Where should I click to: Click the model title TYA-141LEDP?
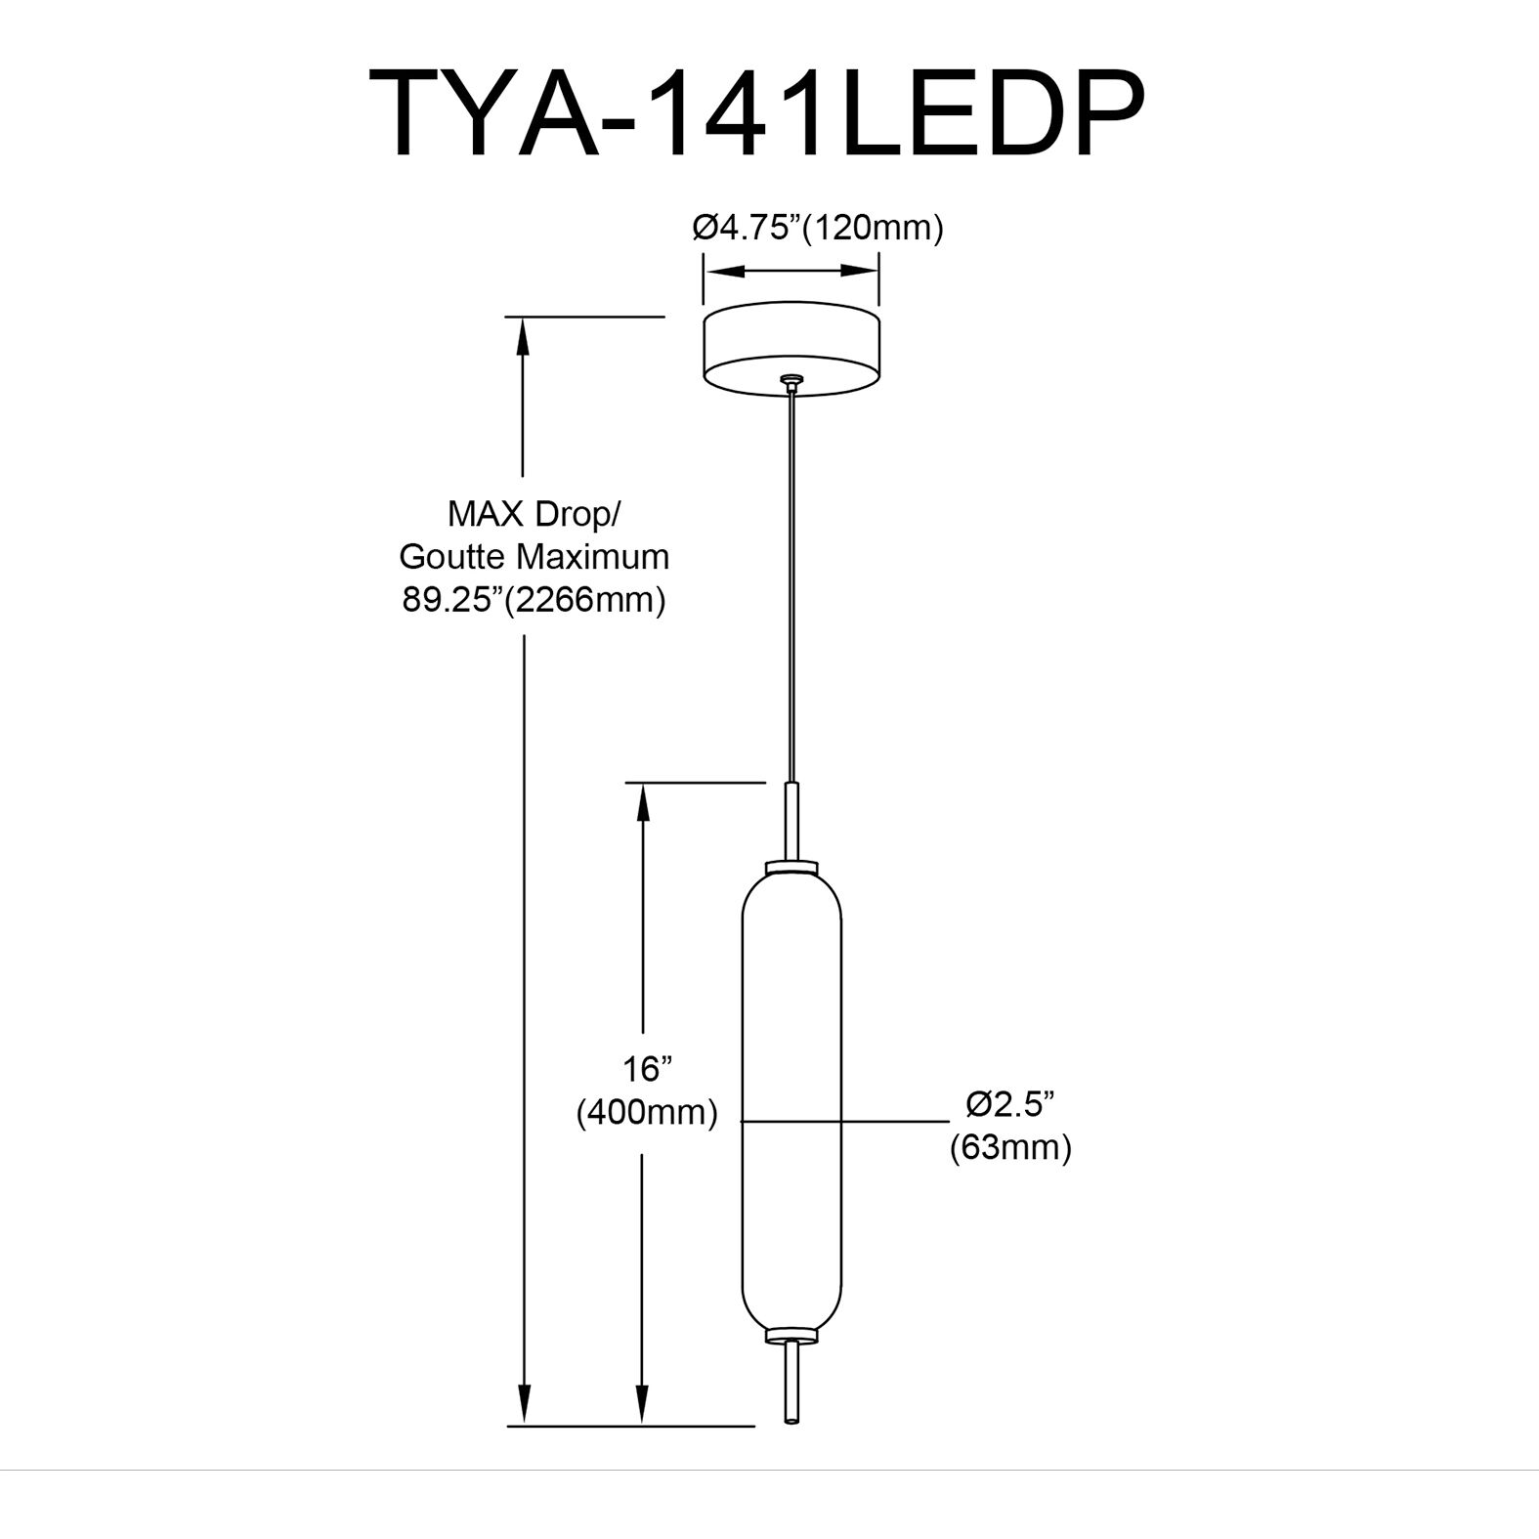754,115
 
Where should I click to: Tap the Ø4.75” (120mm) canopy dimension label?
817,228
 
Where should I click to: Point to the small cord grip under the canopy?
792,382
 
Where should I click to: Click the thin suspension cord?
792,586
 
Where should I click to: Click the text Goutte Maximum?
534,556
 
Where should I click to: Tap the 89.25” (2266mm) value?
534,599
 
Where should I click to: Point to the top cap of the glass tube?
792,867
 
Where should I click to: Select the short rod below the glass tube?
792,1383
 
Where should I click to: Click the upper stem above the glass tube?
792,821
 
